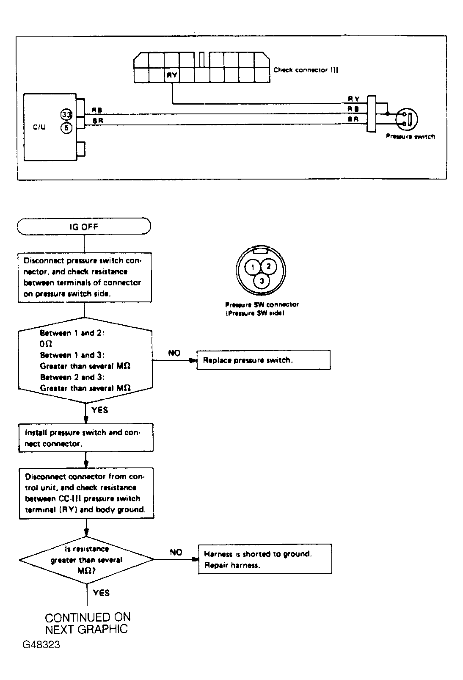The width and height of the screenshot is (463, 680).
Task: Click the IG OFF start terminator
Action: pos(84,226)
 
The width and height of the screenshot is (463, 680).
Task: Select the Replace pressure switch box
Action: pos(263,360)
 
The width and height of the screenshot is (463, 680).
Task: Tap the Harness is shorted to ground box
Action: pos(265,559)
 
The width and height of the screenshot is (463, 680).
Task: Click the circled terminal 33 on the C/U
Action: pos(66,115)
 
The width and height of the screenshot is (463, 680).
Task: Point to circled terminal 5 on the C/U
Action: pos(66,128)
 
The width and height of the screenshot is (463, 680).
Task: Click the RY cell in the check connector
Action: pos(172,75)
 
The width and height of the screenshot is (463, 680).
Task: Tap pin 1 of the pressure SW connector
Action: pos(252,267)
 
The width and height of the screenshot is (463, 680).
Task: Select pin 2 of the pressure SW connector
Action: pos(268,266)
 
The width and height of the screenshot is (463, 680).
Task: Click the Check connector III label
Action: pos(306,70)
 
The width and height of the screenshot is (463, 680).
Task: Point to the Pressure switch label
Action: pos(410,137)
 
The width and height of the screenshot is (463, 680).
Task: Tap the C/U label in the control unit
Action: pos(39,127)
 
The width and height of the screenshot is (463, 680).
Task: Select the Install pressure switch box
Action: pos(86,438)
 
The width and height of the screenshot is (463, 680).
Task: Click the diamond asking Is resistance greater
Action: pos(87,559)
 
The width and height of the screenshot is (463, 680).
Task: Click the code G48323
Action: pos(41,644)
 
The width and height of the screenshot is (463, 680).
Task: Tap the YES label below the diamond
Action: pos(101,593)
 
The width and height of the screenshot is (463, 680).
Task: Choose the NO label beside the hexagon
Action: pos(174,353)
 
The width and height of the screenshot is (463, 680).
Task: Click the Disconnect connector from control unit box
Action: pos(86,493)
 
